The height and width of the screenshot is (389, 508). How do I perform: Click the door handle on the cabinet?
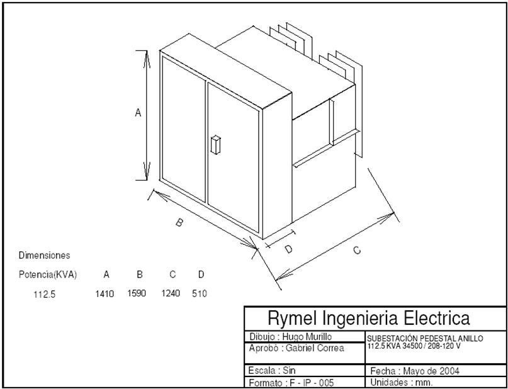click(x=215, y=145)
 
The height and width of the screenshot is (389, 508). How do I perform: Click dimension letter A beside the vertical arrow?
click(x=138, y=113)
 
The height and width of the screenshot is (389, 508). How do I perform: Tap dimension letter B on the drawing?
click(x=179, y=222)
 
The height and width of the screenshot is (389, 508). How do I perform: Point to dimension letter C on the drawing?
click(x=356, y=251)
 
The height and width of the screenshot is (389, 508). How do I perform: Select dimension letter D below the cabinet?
click(x=288, y=249)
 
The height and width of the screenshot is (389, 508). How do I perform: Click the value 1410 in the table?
click(x=104, y=293)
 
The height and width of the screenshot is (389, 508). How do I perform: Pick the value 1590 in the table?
click(x=137, y=293)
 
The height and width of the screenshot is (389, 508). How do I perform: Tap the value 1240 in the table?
click(x=171, y=293)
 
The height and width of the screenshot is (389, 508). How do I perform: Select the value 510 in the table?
click(x=200, y=293)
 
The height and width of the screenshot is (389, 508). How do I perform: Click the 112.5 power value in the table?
click(x=45, y=294)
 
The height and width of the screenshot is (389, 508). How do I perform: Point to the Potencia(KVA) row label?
click(x=48, y=274)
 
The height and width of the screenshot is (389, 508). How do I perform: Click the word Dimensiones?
click(x=44, y=256)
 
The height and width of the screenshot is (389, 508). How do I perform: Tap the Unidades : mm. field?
click(x=402, y=382)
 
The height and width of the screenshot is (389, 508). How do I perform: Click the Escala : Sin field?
click(x=272, y=370)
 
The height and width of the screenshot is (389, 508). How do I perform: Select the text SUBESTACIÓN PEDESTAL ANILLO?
click(x=425, y=339)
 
